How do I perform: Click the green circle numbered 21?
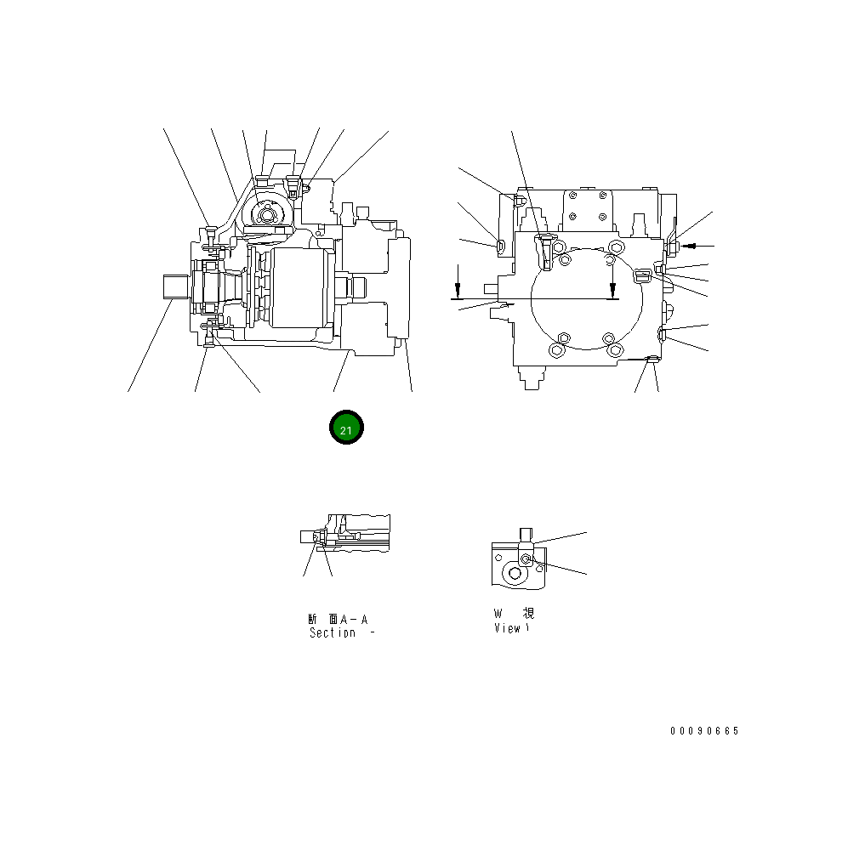point(346,428)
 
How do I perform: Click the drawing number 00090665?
point(704,731)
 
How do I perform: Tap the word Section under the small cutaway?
point(333,633)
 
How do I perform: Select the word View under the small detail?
point(507,628)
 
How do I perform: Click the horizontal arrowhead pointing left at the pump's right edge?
point(690,246)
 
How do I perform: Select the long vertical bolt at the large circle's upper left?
point(544,252)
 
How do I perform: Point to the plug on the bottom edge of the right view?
point(651,363)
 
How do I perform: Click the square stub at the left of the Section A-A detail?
point(307,536)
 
